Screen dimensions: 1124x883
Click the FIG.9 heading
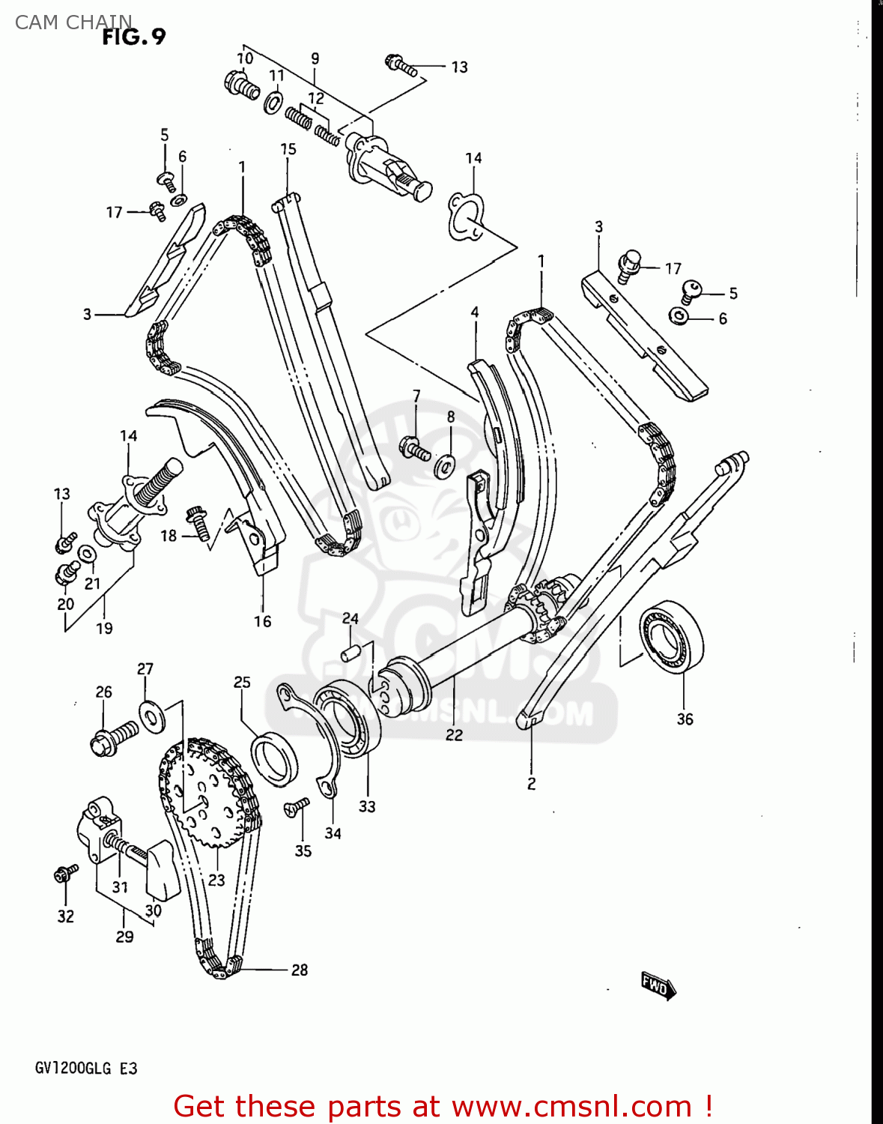point(133,37)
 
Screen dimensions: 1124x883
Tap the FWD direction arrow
point(658,986)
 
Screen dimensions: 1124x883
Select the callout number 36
point(685,719)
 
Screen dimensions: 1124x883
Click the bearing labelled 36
point(672,633)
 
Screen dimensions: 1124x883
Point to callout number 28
point(300,970)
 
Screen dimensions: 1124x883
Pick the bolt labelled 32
point(66,873)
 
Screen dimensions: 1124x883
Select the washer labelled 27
point(153,717)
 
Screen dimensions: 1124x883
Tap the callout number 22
point(454,735)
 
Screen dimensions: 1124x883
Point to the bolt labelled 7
point(415,448)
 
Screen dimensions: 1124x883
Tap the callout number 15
point(288,149)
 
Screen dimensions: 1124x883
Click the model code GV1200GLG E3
point(86,1068)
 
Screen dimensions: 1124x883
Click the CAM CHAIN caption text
point(73,22)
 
